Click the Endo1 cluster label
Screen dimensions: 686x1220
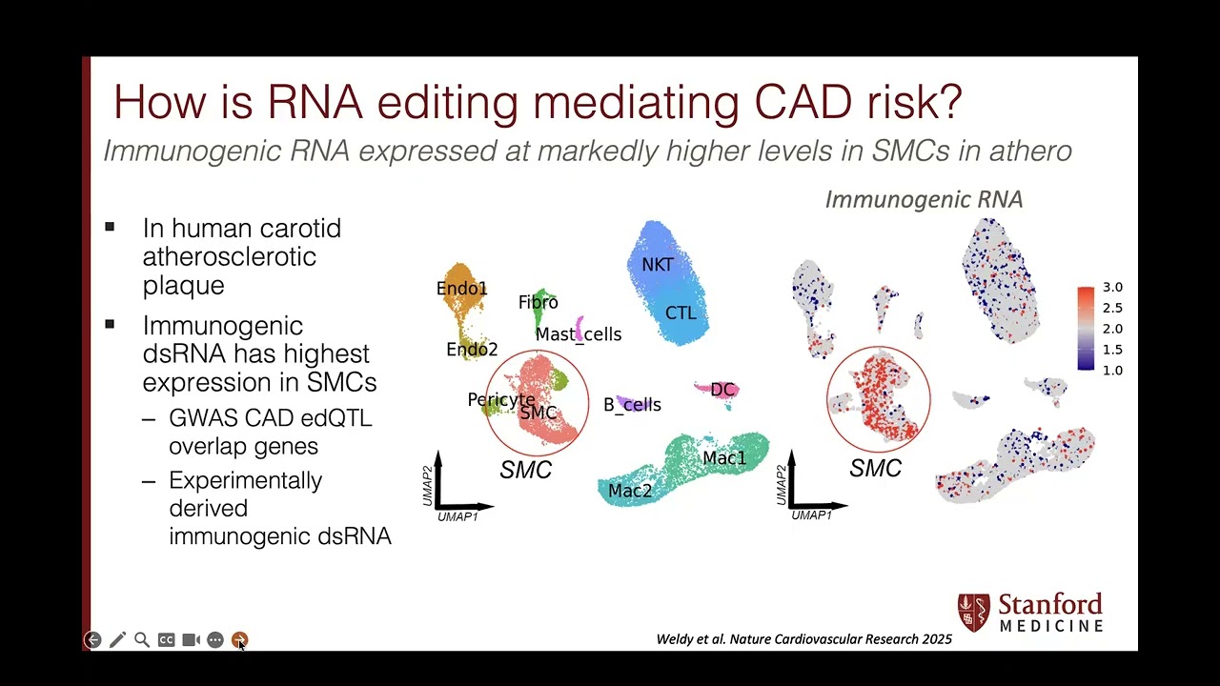click(462, 288)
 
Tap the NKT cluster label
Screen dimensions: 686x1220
click(658, 265)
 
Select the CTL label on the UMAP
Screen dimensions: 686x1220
click(681, 313)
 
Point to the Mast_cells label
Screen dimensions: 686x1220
click(579, 334)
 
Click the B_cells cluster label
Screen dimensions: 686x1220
click(632, 405)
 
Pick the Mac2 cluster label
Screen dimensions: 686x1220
click(630, 491)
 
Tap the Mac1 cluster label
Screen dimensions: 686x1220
click(724, 458)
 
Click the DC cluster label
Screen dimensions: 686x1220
click(722, 390)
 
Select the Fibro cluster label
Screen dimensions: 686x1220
click(539, 302)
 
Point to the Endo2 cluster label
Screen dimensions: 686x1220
click(472, 350)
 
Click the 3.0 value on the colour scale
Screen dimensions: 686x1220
click(1112, 287)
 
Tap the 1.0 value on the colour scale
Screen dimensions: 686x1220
click(1112, 370)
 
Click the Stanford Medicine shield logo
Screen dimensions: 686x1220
click(974, 613)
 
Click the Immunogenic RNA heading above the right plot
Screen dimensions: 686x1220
click(924, 199)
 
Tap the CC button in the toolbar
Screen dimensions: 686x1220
click(166, 640)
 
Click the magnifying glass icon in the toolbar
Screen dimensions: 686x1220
click(142, 640)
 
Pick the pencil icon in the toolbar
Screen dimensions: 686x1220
click(117, 640)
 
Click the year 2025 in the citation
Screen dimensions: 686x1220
click(936, 639)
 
